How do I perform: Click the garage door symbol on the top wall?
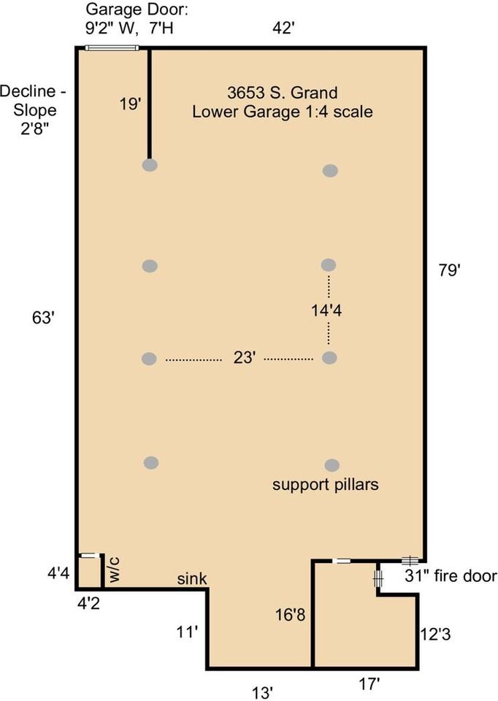112,48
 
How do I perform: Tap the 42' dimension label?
283,28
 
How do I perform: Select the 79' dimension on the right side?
449,270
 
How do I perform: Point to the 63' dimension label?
43,318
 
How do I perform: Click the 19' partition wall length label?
130,104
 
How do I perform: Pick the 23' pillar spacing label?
245,358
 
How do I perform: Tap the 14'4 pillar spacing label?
327,310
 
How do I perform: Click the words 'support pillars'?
326,485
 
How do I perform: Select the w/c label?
115,570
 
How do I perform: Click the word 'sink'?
192,578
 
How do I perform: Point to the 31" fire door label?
451,576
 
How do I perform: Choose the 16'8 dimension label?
291,615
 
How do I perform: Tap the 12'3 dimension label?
436,634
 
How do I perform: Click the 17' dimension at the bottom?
369,683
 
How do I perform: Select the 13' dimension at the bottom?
262,693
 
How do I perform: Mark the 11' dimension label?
188,632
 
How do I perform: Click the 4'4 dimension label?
58,573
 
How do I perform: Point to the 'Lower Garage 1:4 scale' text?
283,111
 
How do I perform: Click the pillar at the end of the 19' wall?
150,166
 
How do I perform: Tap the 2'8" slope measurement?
34,129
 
